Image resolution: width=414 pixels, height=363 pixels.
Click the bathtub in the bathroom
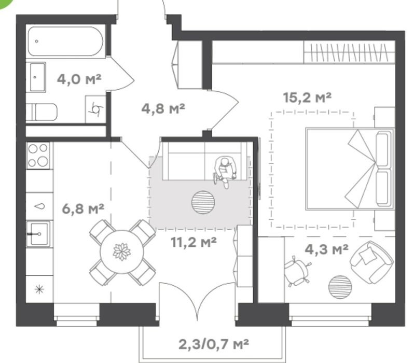(x=65, y=41)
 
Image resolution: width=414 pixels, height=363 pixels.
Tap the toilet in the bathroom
(x=42, y=112)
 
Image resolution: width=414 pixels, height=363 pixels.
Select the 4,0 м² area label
(x=79, y=79)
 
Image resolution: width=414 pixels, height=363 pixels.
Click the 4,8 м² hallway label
(x=163, y=108)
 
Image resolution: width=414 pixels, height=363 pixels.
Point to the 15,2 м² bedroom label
(x=307, y=97)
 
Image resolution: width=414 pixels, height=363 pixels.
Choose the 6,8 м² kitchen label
(x=83, y=208)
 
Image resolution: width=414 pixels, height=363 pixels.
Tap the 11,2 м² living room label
(x=194, y=242)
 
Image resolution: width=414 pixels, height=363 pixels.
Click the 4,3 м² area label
(x=327, y=249)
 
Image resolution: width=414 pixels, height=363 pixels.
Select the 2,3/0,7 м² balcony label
(x=214, y=344)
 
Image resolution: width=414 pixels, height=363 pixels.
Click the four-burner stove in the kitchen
(x=38, y=156)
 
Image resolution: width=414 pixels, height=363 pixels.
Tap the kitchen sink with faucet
(x=38, y=234)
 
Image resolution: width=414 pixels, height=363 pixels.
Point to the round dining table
(x=122, y=252)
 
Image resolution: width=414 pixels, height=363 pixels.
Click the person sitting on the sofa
(x=224, y=171)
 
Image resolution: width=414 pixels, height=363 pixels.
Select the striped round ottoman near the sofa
(x=203, y=202)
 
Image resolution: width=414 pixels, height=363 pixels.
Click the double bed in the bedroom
(x=350, y=169)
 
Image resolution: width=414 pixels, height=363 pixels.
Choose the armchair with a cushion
(x=372, y=262)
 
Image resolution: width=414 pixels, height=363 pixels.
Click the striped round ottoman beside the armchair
(x=340, y=287)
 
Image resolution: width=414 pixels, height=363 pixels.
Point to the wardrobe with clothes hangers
(x=349, y=52)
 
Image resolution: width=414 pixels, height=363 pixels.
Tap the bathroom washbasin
(x=37, y=77)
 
